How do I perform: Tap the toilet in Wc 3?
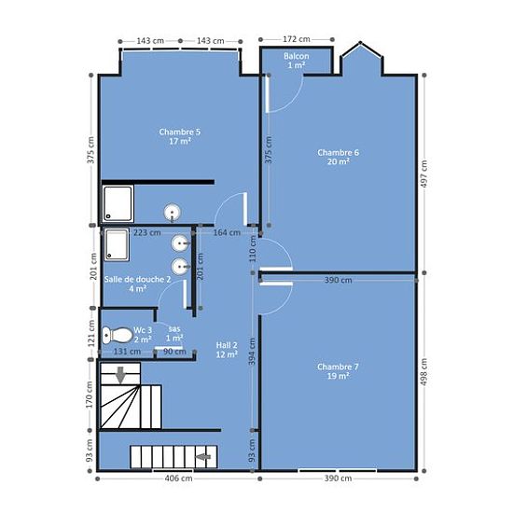117,335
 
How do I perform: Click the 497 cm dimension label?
423,173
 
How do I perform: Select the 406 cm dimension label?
179,478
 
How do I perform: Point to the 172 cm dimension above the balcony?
297,39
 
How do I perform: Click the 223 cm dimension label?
146,232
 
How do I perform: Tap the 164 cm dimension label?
227,232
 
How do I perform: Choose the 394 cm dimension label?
252,352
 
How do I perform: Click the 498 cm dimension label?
423,372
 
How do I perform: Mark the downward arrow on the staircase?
120,375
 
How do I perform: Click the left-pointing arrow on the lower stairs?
203,456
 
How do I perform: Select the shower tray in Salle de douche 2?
117,245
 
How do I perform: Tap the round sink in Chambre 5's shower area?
173,213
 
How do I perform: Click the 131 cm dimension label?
127,352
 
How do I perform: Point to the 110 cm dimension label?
252,249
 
